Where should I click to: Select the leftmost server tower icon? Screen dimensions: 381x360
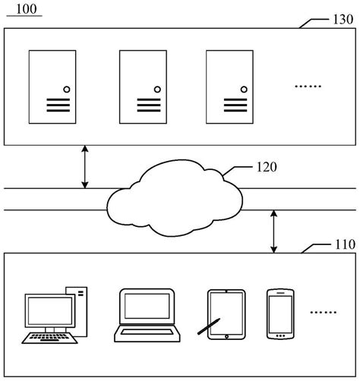click(x=52, y=86)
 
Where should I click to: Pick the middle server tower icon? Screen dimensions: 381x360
click(x=142, y=86)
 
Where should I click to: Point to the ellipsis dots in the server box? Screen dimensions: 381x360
click(x=308, y=87)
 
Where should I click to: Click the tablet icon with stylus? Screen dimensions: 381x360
click(x=226, y=313)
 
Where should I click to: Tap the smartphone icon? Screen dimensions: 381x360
click(x=279, y=313)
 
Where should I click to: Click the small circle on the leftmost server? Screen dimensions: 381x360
click(x=66, y=90)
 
